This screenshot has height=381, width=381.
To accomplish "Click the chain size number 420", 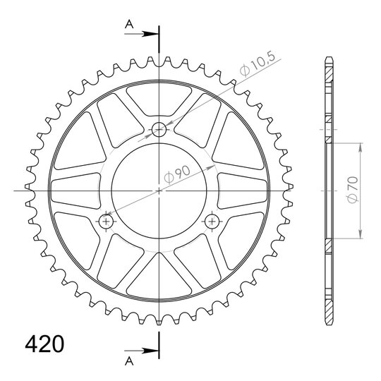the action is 44,344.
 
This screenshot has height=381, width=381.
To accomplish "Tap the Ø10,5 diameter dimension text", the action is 258,64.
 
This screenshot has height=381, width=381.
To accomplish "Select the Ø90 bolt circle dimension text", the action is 177,174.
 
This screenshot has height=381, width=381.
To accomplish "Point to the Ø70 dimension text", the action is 353,190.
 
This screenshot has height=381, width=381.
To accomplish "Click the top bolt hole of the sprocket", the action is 159,129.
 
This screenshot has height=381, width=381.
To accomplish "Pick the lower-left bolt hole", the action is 106,222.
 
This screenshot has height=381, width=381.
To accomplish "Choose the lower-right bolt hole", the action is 212,222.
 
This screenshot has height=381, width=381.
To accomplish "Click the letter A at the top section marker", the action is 129,24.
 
